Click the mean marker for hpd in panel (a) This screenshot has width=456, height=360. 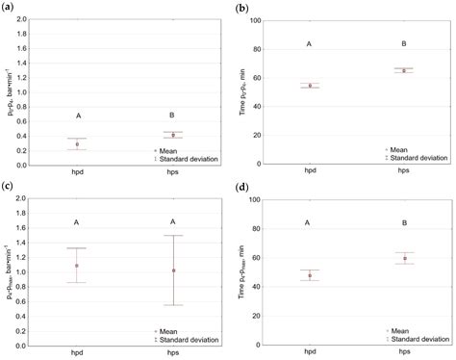pos(77,144)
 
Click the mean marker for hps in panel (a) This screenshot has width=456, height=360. pos(173,135)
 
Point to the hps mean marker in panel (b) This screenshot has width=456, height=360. pos(404,70)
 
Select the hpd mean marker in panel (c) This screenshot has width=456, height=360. pos(77,266)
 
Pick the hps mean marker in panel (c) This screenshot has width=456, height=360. pos(173,270)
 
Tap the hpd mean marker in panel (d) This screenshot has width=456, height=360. pos(310,275)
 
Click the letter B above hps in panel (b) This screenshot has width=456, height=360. pos(404,44)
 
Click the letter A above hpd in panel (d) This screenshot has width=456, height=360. pos(310,223)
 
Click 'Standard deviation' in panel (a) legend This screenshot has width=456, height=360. pos(191,159)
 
